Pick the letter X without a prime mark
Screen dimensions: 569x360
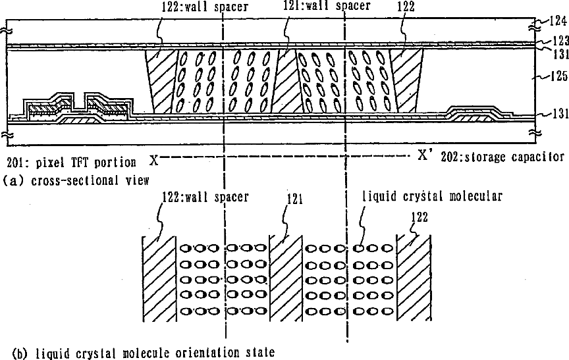tap(153, 159)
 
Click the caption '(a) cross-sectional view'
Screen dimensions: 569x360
tap(76, 180)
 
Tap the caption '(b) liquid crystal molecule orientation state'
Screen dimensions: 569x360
tap(138, 352)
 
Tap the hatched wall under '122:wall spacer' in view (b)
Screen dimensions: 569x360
tap(159, 280)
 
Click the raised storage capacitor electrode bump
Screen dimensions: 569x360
tap(471, 113)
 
